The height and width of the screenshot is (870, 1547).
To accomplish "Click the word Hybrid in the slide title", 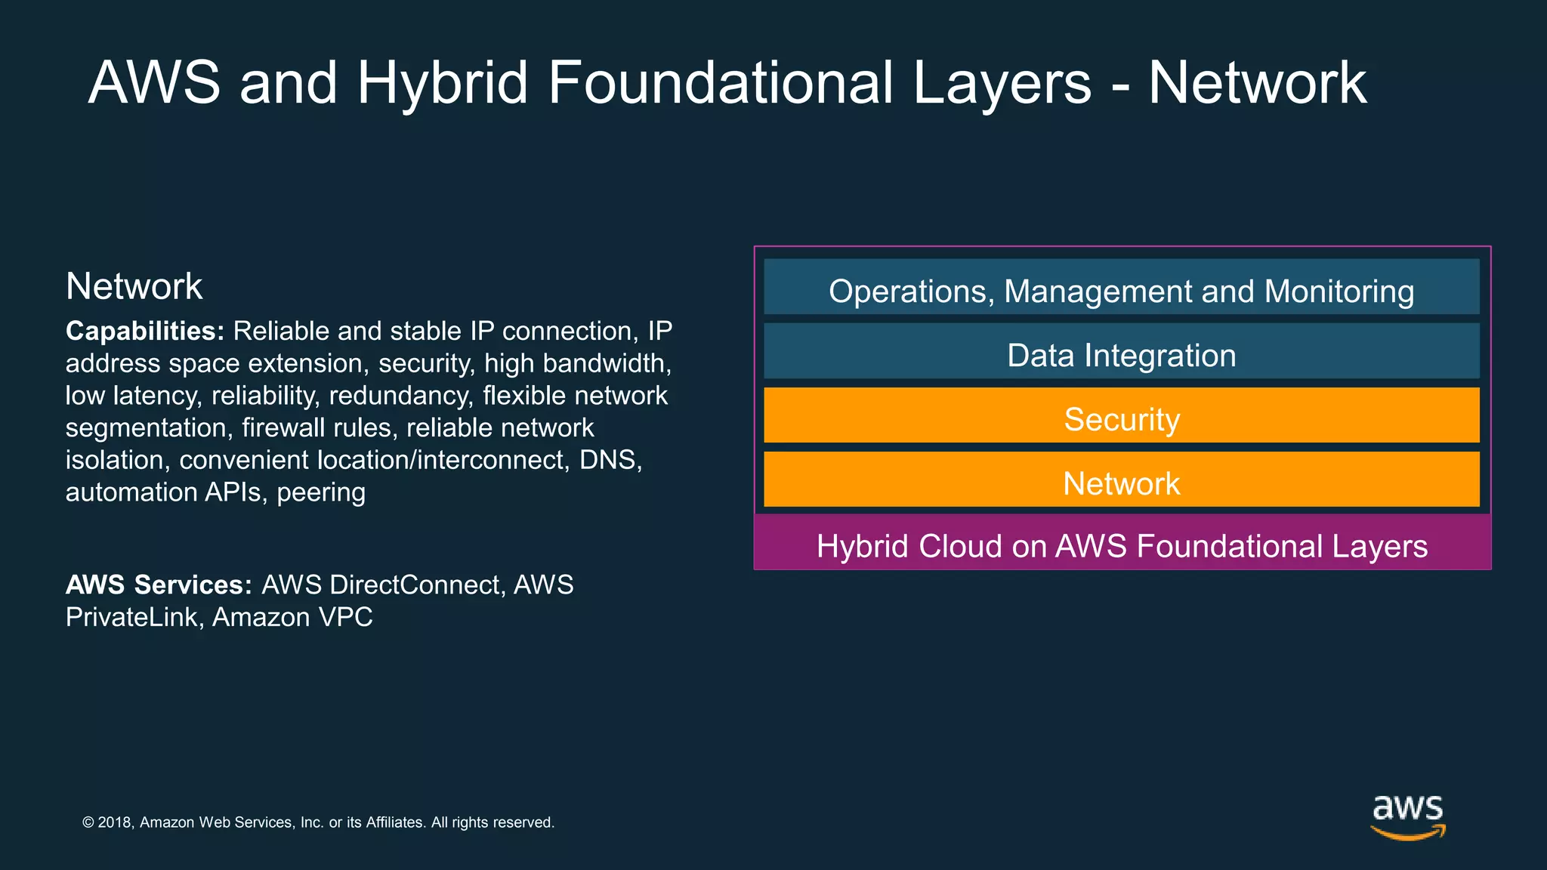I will [x=442, y=83].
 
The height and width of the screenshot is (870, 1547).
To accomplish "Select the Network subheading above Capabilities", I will [x=134, y=287].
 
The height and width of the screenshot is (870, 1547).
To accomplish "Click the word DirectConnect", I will [x=415, y=585].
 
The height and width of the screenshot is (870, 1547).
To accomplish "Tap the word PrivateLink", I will [x=131, y=618].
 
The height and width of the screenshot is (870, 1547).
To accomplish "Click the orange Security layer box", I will [x=1121, y=415].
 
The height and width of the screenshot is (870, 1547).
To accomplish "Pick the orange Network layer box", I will [x=1121, y=480].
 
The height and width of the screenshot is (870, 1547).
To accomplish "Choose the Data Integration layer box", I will [x=1121, y=351].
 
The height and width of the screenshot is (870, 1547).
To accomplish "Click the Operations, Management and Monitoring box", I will [x=1121, y=287].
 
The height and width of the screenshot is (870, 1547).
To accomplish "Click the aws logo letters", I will [x=1407, y=809].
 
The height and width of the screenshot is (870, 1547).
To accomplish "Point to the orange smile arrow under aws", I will [x=1407, y=833].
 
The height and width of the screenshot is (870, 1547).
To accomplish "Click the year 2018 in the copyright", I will [x=115, y=822].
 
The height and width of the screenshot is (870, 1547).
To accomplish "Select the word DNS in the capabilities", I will [x=610, y=460].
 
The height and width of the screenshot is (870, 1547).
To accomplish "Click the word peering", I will [x=321, y=492].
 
